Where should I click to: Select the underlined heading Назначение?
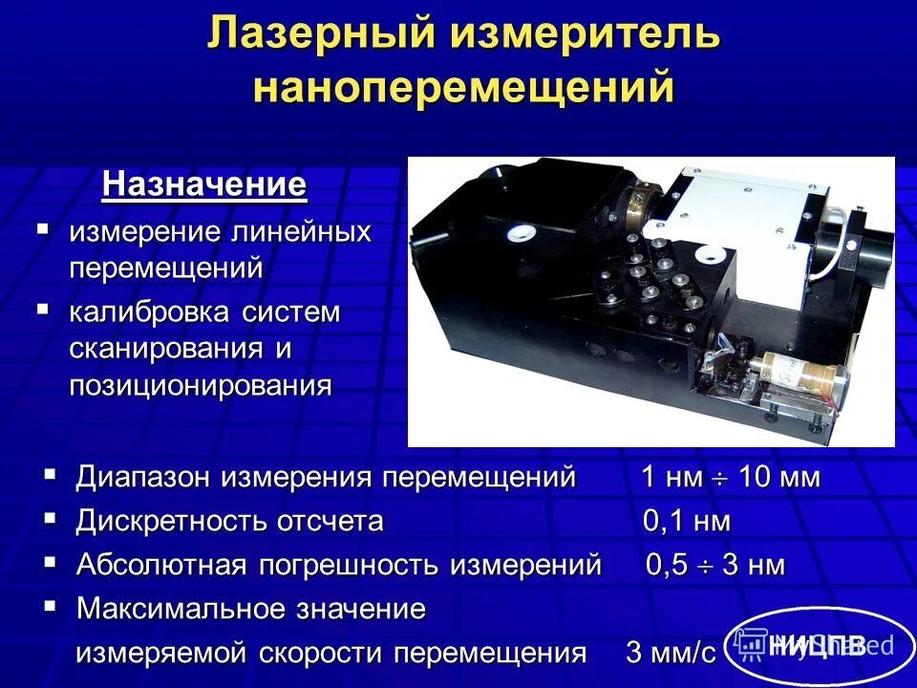click(204, 183)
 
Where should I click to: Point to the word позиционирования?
click(200, 386)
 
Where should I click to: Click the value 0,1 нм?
click(686, 521)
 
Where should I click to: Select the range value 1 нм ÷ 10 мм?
click(729, 477)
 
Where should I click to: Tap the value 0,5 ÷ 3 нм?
click(715, 565)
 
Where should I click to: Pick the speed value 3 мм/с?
click(671, 654)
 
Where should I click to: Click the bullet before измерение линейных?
click(42, 229)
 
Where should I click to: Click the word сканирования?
click(170, 349)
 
